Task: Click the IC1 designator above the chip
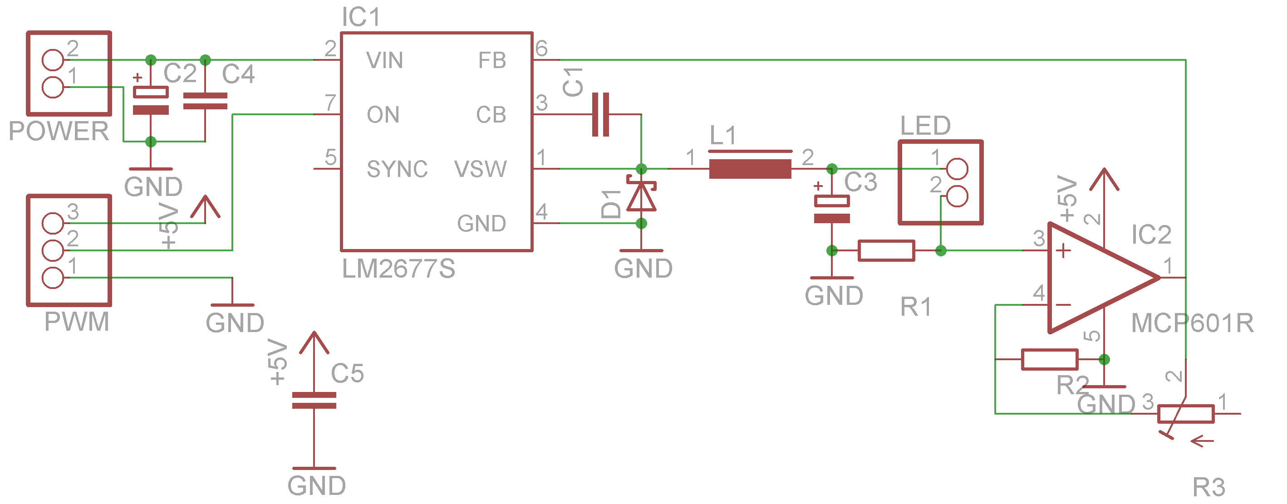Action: point(361,18)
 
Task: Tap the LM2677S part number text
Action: point(398,269)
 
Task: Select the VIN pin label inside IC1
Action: point(384,60)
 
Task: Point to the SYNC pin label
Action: point(397,169)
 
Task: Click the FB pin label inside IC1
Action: point(491,60)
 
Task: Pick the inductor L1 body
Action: point(750,168)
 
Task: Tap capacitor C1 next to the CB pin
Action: point(600,114)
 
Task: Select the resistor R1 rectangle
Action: point(886,250)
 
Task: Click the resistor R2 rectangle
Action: point(1049,359)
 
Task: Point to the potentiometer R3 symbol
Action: point(1186,414)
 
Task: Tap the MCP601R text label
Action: point(1192,323)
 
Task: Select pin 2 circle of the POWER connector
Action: point(53,60)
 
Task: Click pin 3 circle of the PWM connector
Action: point(53,223)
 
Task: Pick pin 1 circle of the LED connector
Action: point(957,169)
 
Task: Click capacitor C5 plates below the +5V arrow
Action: point(314,400)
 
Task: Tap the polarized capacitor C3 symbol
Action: point(831,209)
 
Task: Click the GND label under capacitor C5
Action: point(316,485)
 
